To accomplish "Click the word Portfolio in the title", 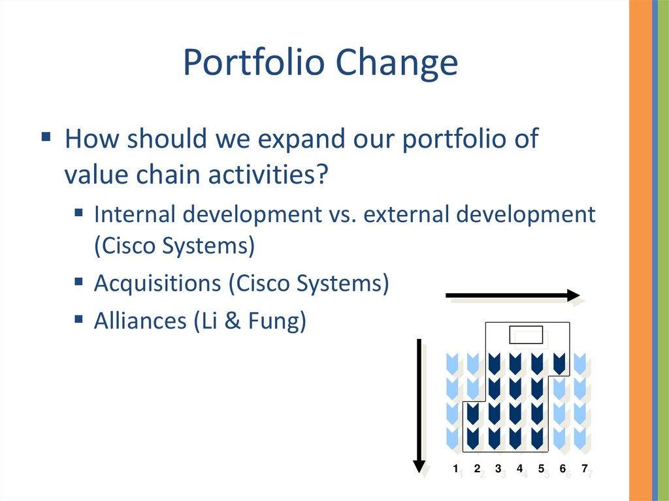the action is (x=254, y=62).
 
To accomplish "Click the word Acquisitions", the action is (x=157, y=283).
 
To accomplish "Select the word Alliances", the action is (x=140, y=321).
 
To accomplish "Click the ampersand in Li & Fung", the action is (x=233, y=321).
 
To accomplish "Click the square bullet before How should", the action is (x=46, y=137).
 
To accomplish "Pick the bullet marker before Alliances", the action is (x=78, y=319).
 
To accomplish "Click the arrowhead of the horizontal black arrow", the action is (x=574, y=295).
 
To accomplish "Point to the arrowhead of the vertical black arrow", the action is (x=419, y=466).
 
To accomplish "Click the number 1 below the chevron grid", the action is (x=455, y=468).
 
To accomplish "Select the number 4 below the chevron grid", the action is (x=519, y=468).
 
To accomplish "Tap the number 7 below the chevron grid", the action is (x=584, y=468).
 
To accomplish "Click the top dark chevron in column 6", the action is (x=559, y=364).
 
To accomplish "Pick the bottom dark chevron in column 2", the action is (x=472, y=438).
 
